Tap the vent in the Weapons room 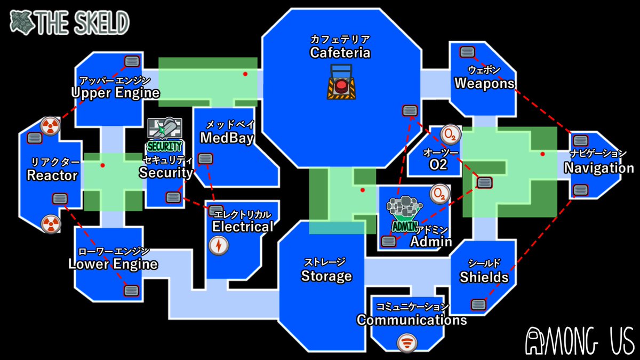tap(468, 52)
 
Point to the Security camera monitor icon tap(165, 131)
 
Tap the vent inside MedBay tap(205, 158)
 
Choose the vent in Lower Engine tap(131, 290)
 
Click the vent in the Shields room tap(478, 305)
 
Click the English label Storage tap(326, 276)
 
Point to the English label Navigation tap(599, 168)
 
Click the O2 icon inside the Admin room tap(440, 193)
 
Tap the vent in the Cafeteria tap(410, 110)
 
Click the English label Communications tap(412, 320)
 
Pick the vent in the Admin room tap(389, 241)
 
